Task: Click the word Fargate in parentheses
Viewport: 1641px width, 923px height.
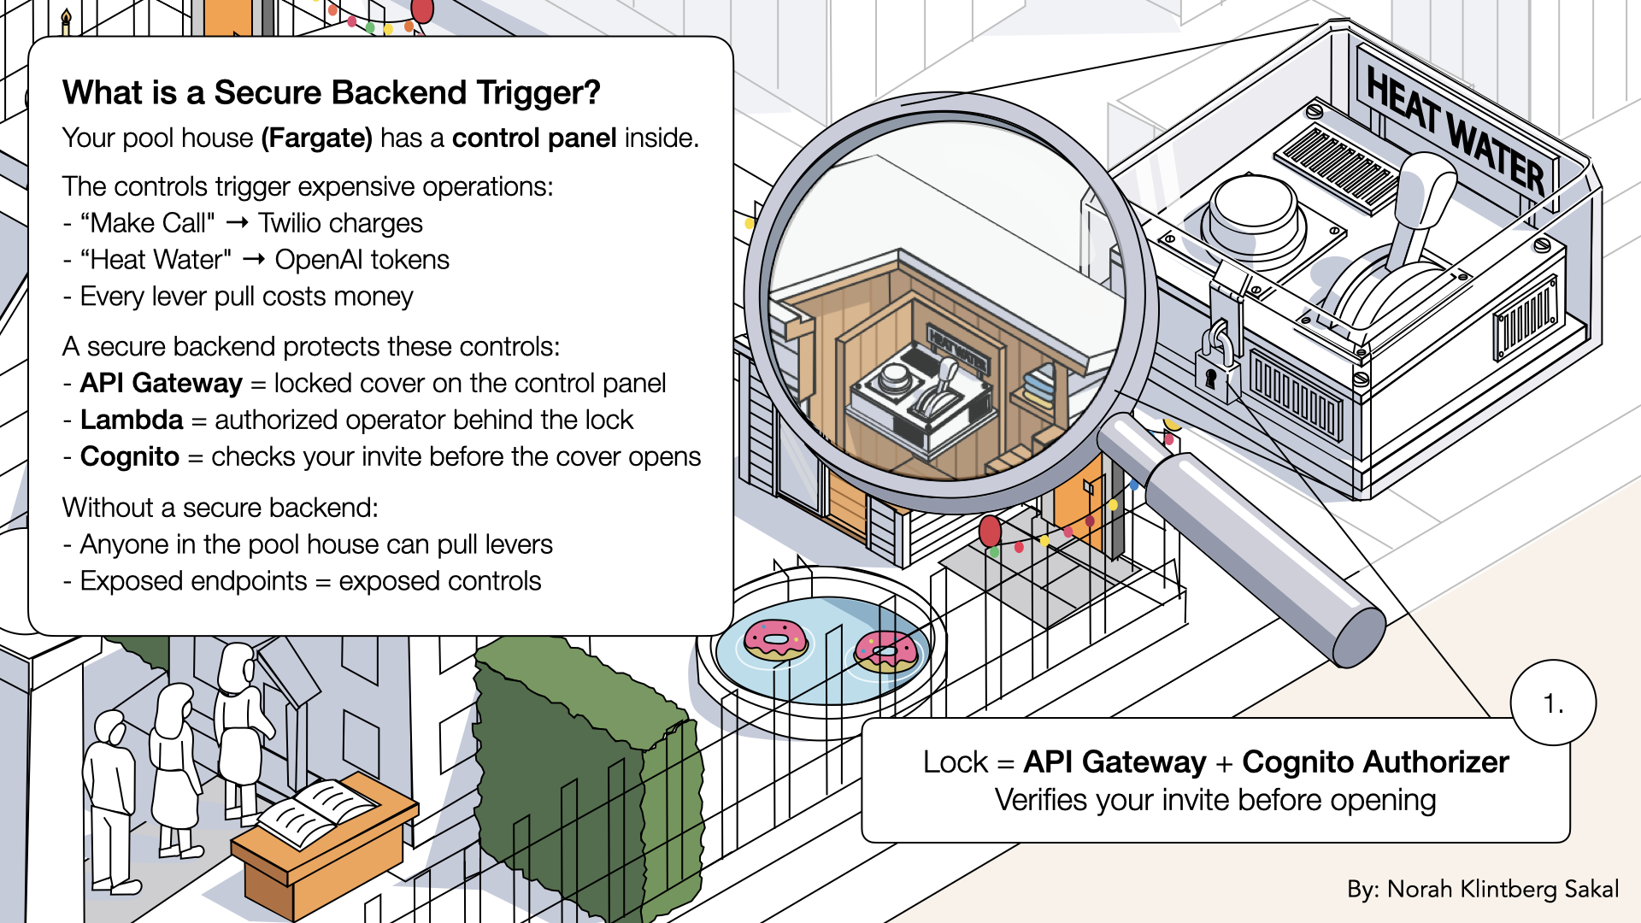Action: (x=317, y=138)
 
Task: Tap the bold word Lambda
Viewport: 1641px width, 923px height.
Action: (x=132, y=420)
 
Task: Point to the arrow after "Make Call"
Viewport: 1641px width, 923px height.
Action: (x=237, y=223)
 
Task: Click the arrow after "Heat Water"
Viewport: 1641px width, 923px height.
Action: (x=254, y=260)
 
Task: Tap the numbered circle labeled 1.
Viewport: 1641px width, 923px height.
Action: (x=1553, y=703)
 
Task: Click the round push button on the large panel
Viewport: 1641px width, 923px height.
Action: (x=1252, y=209)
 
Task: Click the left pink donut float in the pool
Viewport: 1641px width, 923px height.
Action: (x=775, y=639)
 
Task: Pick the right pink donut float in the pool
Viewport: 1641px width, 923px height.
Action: (x=886, y=652)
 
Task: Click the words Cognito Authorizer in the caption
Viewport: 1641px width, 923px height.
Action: (x=1375, y=762)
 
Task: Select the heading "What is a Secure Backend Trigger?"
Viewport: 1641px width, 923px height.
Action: (x=332, y=93)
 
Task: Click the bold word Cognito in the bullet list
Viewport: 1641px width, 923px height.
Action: (x=130, y=457)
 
